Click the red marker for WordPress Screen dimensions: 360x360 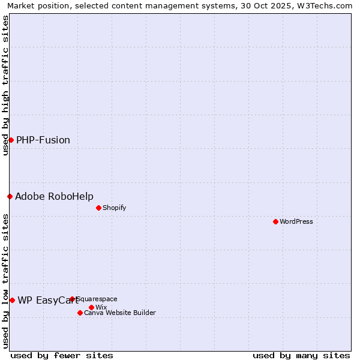(x=275, y=221)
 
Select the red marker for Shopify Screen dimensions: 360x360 (x=98, y=208)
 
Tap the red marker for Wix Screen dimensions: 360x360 (x=91, y=307)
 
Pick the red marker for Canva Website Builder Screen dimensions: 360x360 (x=80, y=313)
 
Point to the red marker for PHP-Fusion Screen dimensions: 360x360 (x=11, y=140)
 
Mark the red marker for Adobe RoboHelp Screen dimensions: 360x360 (x=10, y=196)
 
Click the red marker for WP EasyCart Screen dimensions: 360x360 (x=12, y=300)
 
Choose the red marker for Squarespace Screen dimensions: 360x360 (x=72, y=299)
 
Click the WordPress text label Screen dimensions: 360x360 (x=296, y=221)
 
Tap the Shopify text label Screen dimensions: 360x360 (x=114, y=208)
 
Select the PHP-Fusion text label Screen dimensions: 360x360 (x=43, y=140)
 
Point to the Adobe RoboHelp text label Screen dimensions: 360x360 (x=54, y=196)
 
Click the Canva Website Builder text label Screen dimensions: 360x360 (x=120, y=313)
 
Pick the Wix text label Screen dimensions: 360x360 (x=101, y=307)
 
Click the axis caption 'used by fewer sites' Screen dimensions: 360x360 (x=62, y=355)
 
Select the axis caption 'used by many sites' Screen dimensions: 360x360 (x=301, y=355)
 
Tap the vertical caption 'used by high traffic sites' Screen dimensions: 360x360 (x=5, y=85)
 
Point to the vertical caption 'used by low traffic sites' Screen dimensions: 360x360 (x=5, y=281)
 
